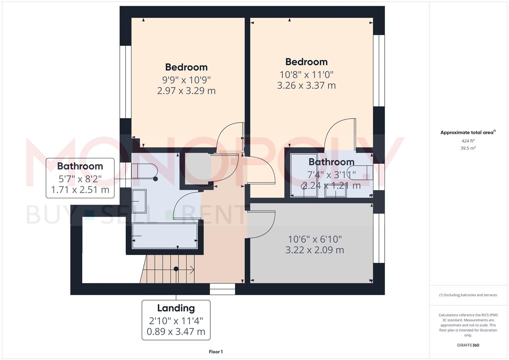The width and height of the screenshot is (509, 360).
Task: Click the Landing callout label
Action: [x=176, y=308]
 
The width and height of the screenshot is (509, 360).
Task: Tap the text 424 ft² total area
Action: [x=468, y=141]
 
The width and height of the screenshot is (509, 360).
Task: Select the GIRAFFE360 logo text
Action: [x=468, y=345]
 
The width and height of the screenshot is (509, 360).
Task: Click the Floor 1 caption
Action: [x=216, y=352]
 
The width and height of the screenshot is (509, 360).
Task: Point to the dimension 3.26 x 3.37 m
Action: [x=306, y=86]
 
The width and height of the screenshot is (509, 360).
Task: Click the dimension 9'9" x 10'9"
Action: [x=186, y=80]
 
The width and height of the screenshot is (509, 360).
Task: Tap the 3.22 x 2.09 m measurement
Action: [x=315, y=250]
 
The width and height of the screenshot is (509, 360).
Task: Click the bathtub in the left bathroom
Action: [x=165, y=236]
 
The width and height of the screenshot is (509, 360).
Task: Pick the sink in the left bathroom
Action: [x=139, y=201]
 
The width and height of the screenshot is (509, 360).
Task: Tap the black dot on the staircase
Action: [x=176, y=269]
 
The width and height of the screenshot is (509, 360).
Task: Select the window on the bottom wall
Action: [x=222, y=289]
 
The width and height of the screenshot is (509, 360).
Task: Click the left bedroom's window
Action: [x=125, y=82]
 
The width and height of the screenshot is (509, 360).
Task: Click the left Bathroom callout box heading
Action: [x=80, y=166]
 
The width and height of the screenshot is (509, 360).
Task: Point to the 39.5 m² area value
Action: [x=468, y=148]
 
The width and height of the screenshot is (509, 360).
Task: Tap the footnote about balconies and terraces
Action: [x=468, y=295]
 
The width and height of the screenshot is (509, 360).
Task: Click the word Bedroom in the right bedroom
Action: [x=306, y=62]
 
